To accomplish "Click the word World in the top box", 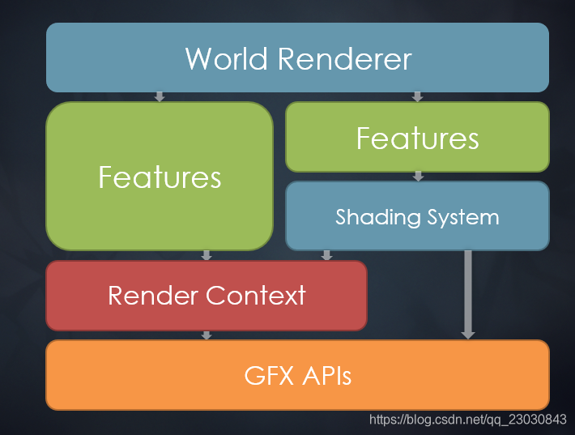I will pos(226,59).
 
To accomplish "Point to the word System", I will pos(462,217).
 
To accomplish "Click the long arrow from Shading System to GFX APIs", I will pos(468,293).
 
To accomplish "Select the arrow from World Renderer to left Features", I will pos(160,96).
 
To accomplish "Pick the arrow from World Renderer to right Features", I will pos(418,96).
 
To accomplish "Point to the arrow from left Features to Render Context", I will pos(207,255).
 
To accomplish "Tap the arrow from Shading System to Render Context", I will pos(327,255).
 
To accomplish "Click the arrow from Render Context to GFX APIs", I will pos(207,335).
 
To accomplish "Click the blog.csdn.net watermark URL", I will pos(467,420).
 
